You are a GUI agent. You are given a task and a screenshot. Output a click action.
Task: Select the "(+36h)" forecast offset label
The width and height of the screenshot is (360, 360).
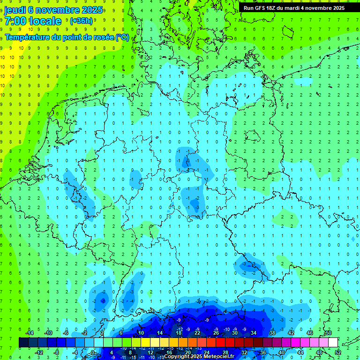pyautogui.click(x=81, y=21)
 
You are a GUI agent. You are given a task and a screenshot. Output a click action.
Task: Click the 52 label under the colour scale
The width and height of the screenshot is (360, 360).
pyautogui.click(x=337, y=352)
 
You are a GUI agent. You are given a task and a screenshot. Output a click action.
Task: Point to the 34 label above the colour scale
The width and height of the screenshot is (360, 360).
pyautogui.click(x=254, y=333)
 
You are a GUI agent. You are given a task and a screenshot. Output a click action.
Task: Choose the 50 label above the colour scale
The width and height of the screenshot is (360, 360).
pyautogui.click(x=328, y=333)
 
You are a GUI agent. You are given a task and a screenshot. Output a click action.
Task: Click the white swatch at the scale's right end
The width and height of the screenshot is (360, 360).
pyautogui.click(x=333, y=343)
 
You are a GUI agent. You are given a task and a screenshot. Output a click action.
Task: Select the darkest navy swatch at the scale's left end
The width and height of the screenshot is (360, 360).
pyautogui.click(x=23, y=343)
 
